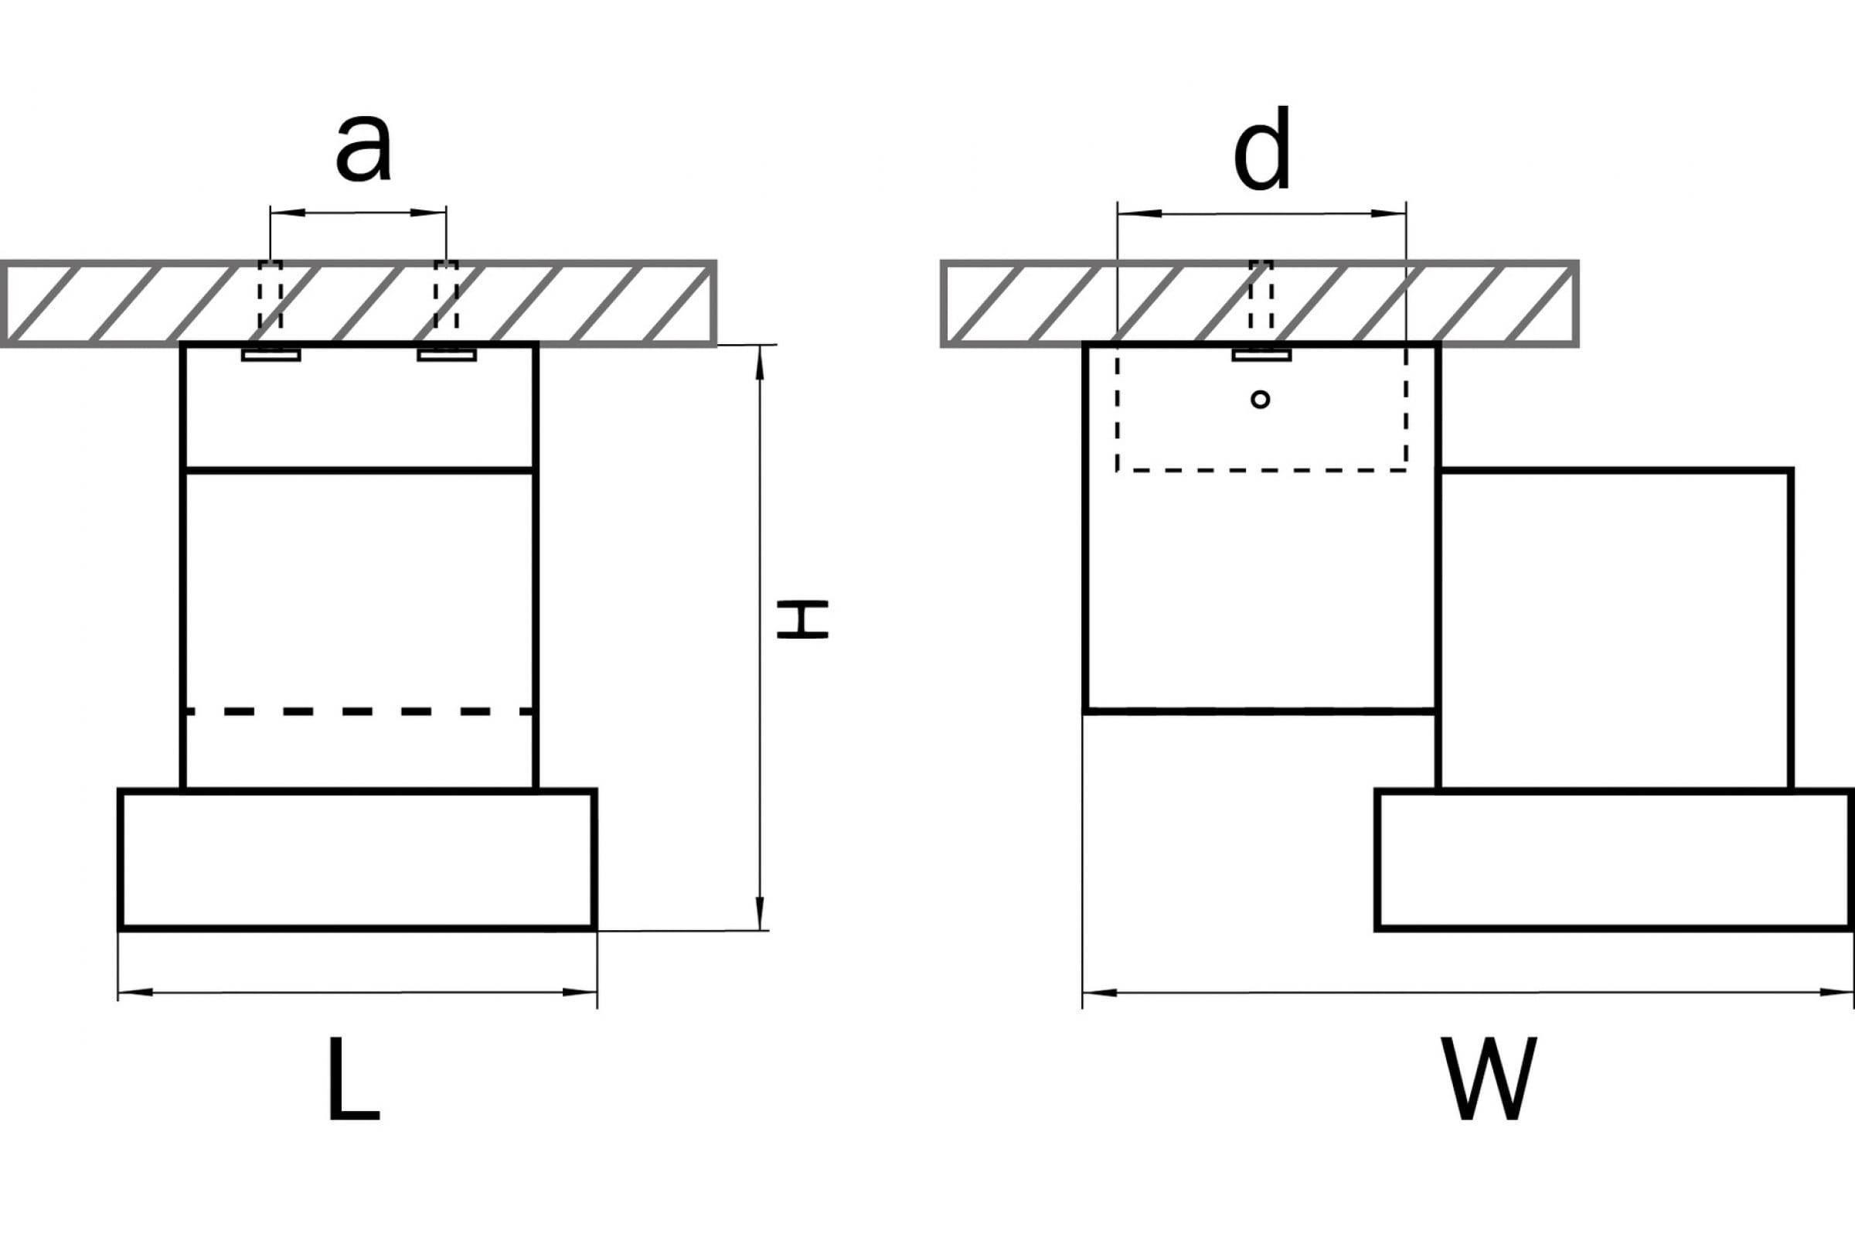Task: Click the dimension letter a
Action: click(363, 148)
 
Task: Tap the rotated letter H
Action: click(802, 619)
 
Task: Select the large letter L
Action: click(354, 1079)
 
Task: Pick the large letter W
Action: click(1489, 1079)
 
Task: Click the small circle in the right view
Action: click(1261, 399)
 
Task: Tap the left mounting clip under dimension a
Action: click(271, 355)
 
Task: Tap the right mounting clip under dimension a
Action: click(448, 355)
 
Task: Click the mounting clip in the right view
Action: click(1262, 355)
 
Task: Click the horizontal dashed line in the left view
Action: click(359, 711)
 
